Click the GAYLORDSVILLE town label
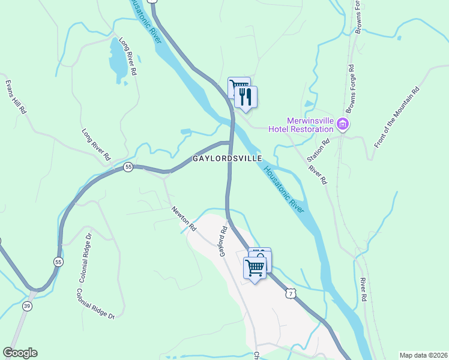tap(227, 158)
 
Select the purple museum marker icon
tap(343, 125)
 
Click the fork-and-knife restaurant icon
tap(246, 97)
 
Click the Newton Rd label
tap(184, 219)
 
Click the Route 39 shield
tap(27, 307)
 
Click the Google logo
tap(20, 353)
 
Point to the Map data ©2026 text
tap(423, 355)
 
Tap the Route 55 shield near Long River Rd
tap(128, 167)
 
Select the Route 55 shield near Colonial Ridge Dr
tap(58, 262)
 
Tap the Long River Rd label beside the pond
tap(128, 56)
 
